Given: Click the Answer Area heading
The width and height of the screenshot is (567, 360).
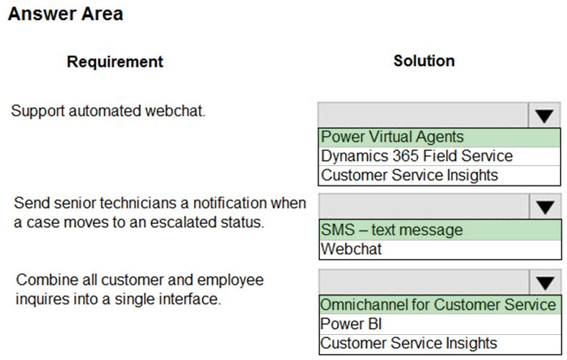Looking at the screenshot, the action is pos(65,14).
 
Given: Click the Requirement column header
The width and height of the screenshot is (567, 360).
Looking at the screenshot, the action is pos(115,62).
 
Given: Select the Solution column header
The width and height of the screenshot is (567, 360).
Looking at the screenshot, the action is pos(424,61).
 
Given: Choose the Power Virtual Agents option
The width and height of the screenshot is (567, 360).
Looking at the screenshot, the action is pos(392,137).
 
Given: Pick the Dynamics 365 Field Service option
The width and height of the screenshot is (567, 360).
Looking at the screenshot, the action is pos(417,156).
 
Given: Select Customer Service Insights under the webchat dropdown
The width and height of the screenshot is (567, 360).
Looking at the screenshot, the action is pos(409,175).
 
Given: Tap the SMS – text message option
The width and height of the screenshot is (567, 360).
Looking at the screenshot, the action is pos(392,230).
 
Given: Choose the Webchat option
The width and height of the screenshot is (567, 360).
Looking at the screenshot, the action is pos(351,249).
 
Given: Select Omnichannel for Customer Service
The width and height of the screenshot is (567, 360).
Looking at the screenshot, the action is pos(438,305).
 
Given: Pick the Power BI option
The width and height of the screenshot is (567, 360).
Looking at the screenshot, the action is pos(351,323).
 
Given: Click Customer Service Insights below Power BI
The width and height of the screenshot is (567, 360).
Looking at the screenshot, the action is pos(409,343).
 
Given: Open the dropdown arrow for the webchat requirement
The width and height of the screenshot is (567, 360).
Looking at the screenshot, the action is pos(544,116).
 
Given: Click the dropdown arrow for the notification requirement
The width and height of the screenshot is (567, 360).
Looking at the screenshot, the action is pos(545,207).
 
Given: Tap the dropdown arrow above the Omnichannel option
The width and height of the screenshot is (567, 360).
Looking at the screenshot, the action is pos(545,282).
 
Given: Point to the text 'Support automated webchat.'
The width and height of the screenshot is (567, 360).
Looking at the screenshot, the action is pos(108,111).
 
